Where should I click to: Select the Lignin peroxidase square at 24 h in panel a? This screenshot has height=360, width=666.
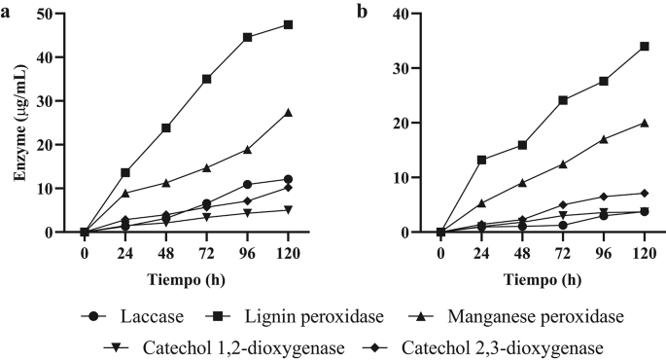[x=125, y=172]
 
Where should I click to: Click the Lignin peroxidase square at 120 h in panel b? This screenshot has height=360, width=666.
[x=644, y=46]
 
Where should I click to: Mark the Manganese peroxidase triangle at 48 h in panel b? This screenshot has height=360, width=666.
[x=522, y=182]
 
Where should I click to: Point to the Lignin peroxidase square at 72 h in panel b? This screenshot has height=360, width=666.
[x=563, y=100]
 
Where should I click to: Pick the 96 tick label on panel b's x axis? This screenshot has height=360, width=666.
[x=603, y=251]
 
